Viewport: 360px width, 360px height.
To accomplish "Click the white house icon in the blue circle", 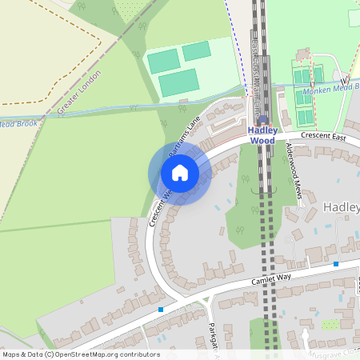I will click(180, 172).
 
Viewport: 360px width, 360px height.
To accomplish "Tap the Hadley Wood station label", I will click(262, 135).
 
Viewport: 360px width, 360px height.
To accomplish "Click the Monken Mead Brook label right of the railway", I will click(330, 87).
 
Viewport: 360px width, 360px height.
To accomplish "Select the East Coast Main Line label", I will click(256, 68).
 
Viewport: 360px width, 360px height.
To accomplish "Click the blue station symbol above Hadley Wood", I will click(262, 118).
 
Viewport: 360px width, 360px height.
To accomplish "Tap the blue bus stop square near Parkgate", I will click(161, 309).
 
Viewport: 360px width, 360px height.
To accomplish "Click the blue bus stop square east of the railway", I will click(336, 263).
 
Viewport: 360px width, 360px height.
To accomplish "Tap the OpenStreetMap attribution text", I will click(80, 354).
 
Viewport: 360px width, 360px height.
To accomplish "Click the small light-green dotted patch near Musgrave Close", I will click(330, 325).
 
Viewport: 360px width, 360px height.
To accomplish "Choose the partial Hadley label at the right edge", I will click(342, 207).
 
